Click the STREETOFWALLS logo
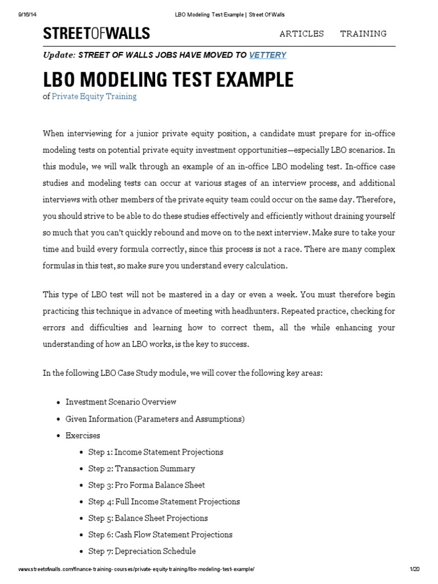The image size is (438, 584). click(96, 34)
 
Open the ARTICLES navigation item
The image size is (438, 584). click(301, 34)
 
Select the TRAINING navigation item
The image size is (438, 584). click(363, 34)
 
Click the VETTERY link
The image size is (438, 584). click(267, 55)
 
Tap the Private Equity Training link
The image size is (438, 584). click(94, 96)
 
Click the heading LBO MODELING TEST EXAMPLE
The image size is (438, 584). click(168, 79)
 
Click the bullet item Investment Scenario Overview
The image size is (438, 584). click(121, 402)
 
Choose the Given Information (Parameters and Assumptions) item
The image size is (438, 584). click(155, 419)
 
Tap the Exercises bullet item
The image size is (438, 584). click(83, 436)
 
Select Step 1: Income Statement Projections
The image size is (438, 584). click(156, 452)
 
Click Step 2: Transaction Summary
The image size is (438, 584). click(141, 469)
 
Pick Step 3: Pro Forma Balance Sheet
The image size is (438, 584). click(147, 485)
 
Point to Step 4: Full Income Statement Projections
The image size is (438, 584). click(164, 502)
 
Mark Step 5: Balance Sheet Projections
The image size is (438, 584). click(148, 518)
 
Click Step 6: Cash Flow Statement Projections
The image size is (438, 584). click(160, 535)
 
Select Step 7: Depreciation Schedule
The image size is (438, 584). click(142, 551)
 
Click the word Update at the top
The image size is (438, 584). click(59, 55)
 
